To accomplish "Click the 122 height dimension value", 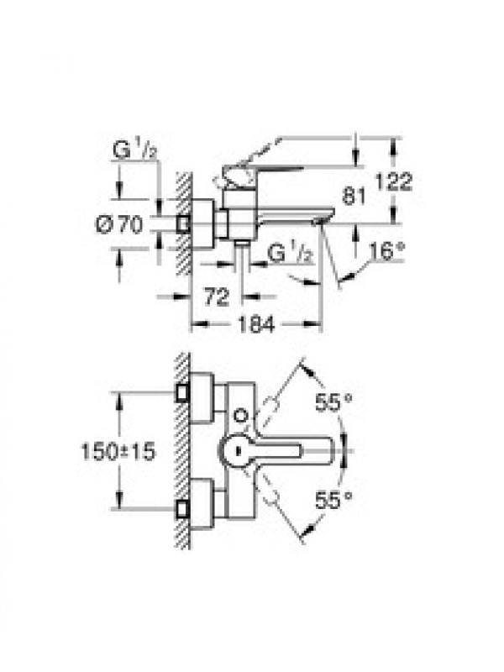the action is click(x=393, y=181).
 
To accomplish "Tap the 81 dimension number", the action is click(x=354, y=197).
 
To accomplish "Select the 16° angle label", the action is click(x=387, y=251).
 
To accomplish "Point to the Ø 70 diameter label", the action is click(x=118, y=224).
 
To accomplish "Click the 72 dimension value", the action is click(x=217, y=297).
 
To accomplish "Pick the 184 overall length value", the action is click(x=256, y=324).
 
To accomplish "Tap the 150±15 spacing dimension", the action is click(x=118, y=451).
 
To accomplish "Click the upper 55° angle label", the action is click(x=333, y=402).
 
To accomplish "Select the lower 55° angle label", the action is click(x=333, y=500).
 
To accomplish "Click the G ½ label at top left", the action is click(x=134, y=151).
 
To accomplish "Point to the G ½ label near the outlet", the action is click(x=288, y=254).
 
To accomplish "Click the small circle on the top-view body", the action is click(x=240, y=415).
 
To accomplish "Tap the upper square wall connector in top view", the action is click(x=183, y=392).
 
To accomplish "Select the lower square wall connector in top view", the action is click(x=183, y=509).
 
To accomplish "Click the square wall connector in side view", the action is click(x=183, y=223).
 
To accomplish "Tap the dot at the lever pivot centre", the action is click(x=238, y=451).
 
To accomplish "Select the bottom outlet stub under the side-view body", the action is click(x=242, y=244).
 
